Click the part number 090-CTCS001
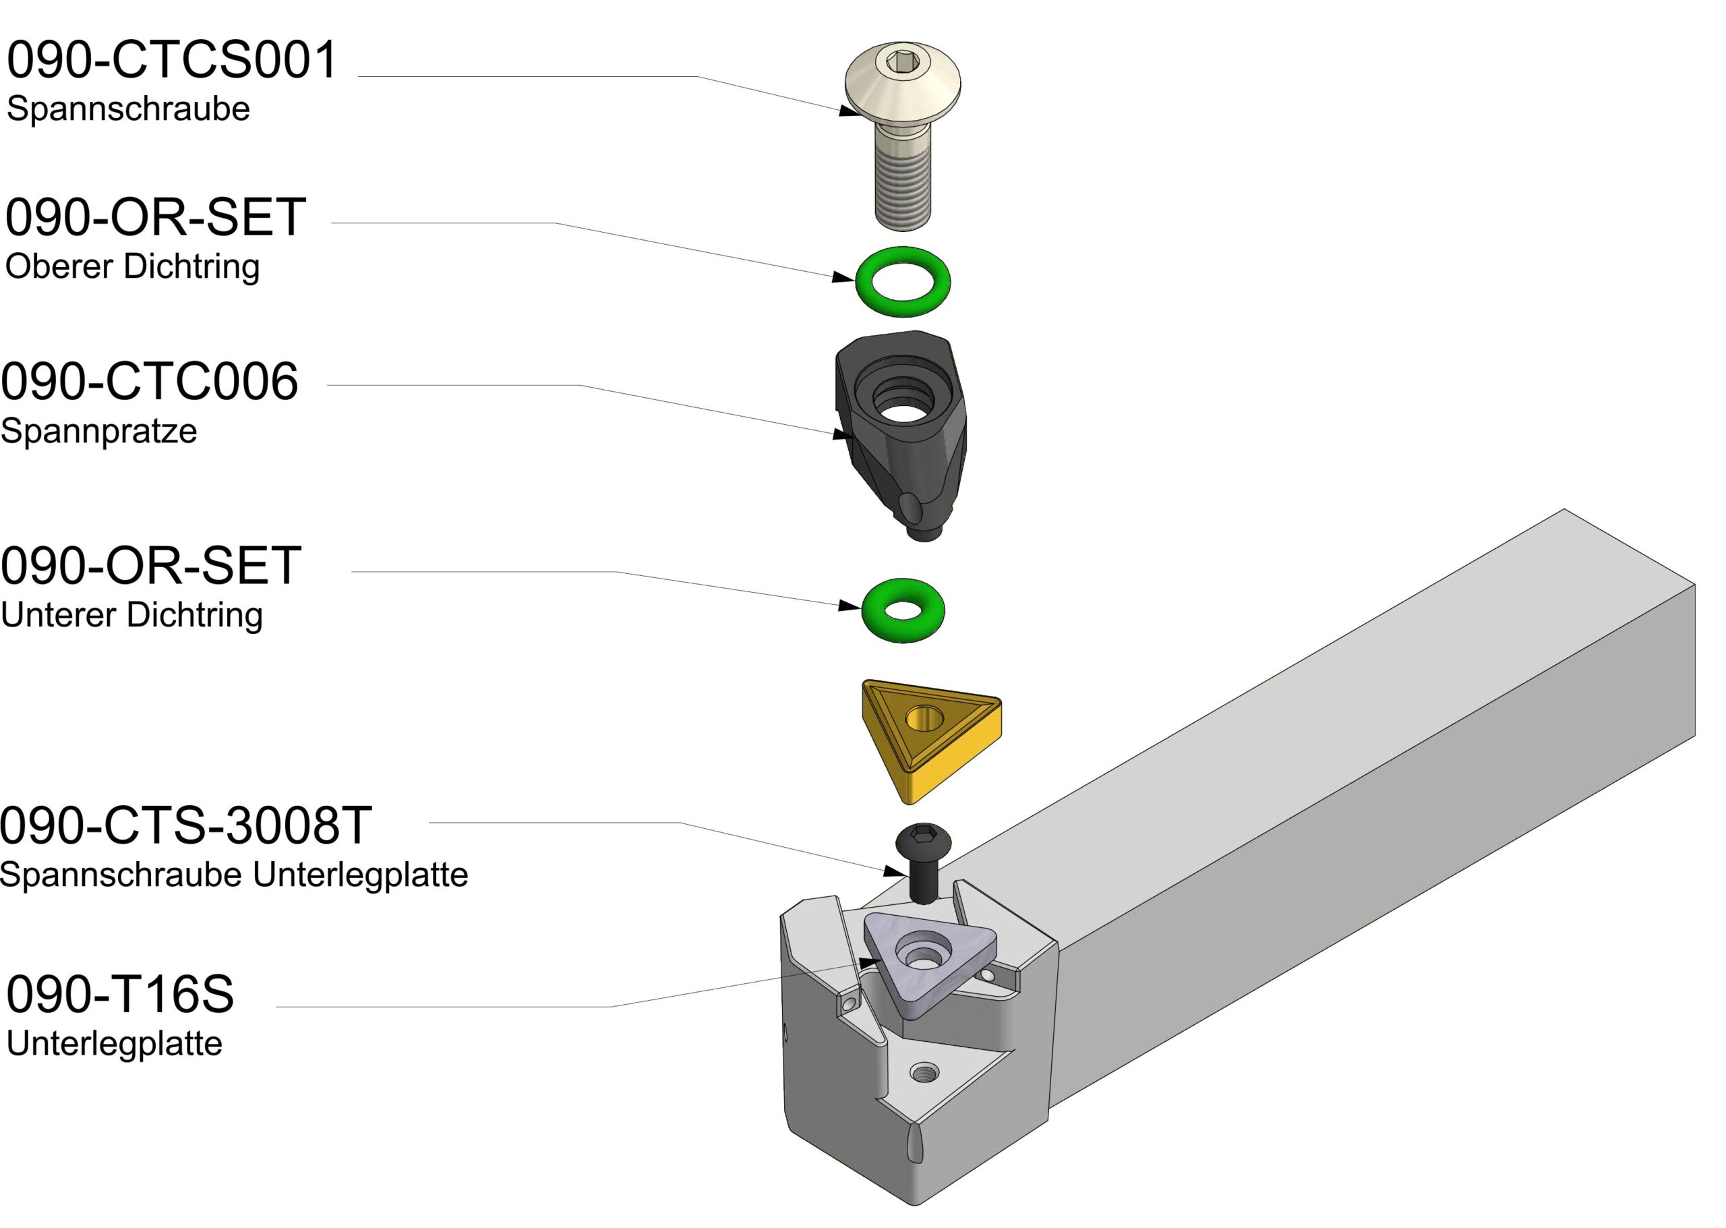tap(172, 60)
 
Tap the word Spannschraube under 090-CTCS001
tap(128, 109)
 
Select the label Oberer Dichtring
tap(132, 266)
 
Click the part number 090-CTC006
tap(150, 381)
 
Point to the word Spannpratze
tap(99, 431)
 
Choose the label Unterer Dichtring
tap(131, 615)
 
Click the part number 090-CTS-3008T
tap(185, 825)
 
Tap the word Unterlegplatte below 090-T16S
tap(114, 1043)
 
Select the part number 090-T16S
tap(120, 995)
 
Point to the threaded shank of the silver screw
tap(903, 189)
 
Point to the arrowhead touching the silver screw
tap(850, 111)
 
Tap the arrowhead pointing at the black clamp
tap(843, 434)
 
